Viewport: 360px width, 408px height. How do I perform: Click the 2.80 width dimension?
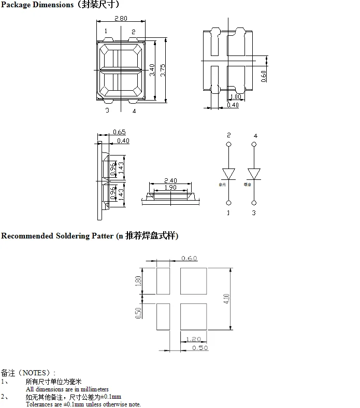coord(120,19)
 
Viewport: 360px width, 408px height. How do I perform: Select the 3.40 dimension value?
coord(152,70)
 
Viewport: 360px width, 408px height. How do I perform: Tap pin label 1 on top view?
coord(106,32)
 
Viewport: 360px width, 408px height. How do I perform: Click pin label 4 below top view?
coord(134,111)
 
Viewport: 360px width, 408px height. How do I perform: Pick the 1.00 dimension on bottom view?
coord(235,97)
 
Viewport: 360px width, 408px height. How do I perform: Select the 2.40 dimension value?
coord(170,181)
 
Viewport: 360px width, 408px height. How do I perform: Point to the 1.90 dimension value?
coord(170,188)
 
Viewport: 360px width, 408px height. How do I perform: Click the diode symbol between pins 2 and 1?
coord(229,173)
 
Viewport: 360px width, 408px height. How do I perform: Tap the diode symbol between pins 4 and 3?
coord(254,173)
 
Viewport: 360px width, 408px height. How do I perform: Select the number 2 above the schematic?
coord(229,135)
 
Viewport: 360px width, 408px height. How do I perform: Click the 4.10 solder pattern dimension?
coord(226,299)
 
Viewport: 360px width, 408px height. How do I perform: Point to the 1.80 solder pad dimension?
coord(138,282)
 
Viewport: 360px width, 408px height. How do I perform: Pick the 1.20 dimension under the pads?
coord(193,340)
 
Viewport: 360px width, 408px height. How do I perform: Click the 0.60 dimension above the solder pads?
coord(190,258)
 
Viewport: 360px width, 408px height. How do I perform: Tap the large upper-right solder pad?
coord(193,282)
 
